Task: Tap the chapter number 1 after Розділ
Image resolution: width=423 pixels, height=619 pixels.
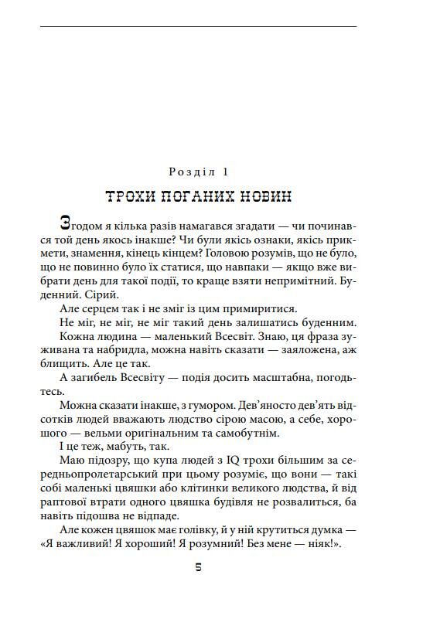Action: pyautogui.click(x=227, y=170)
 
